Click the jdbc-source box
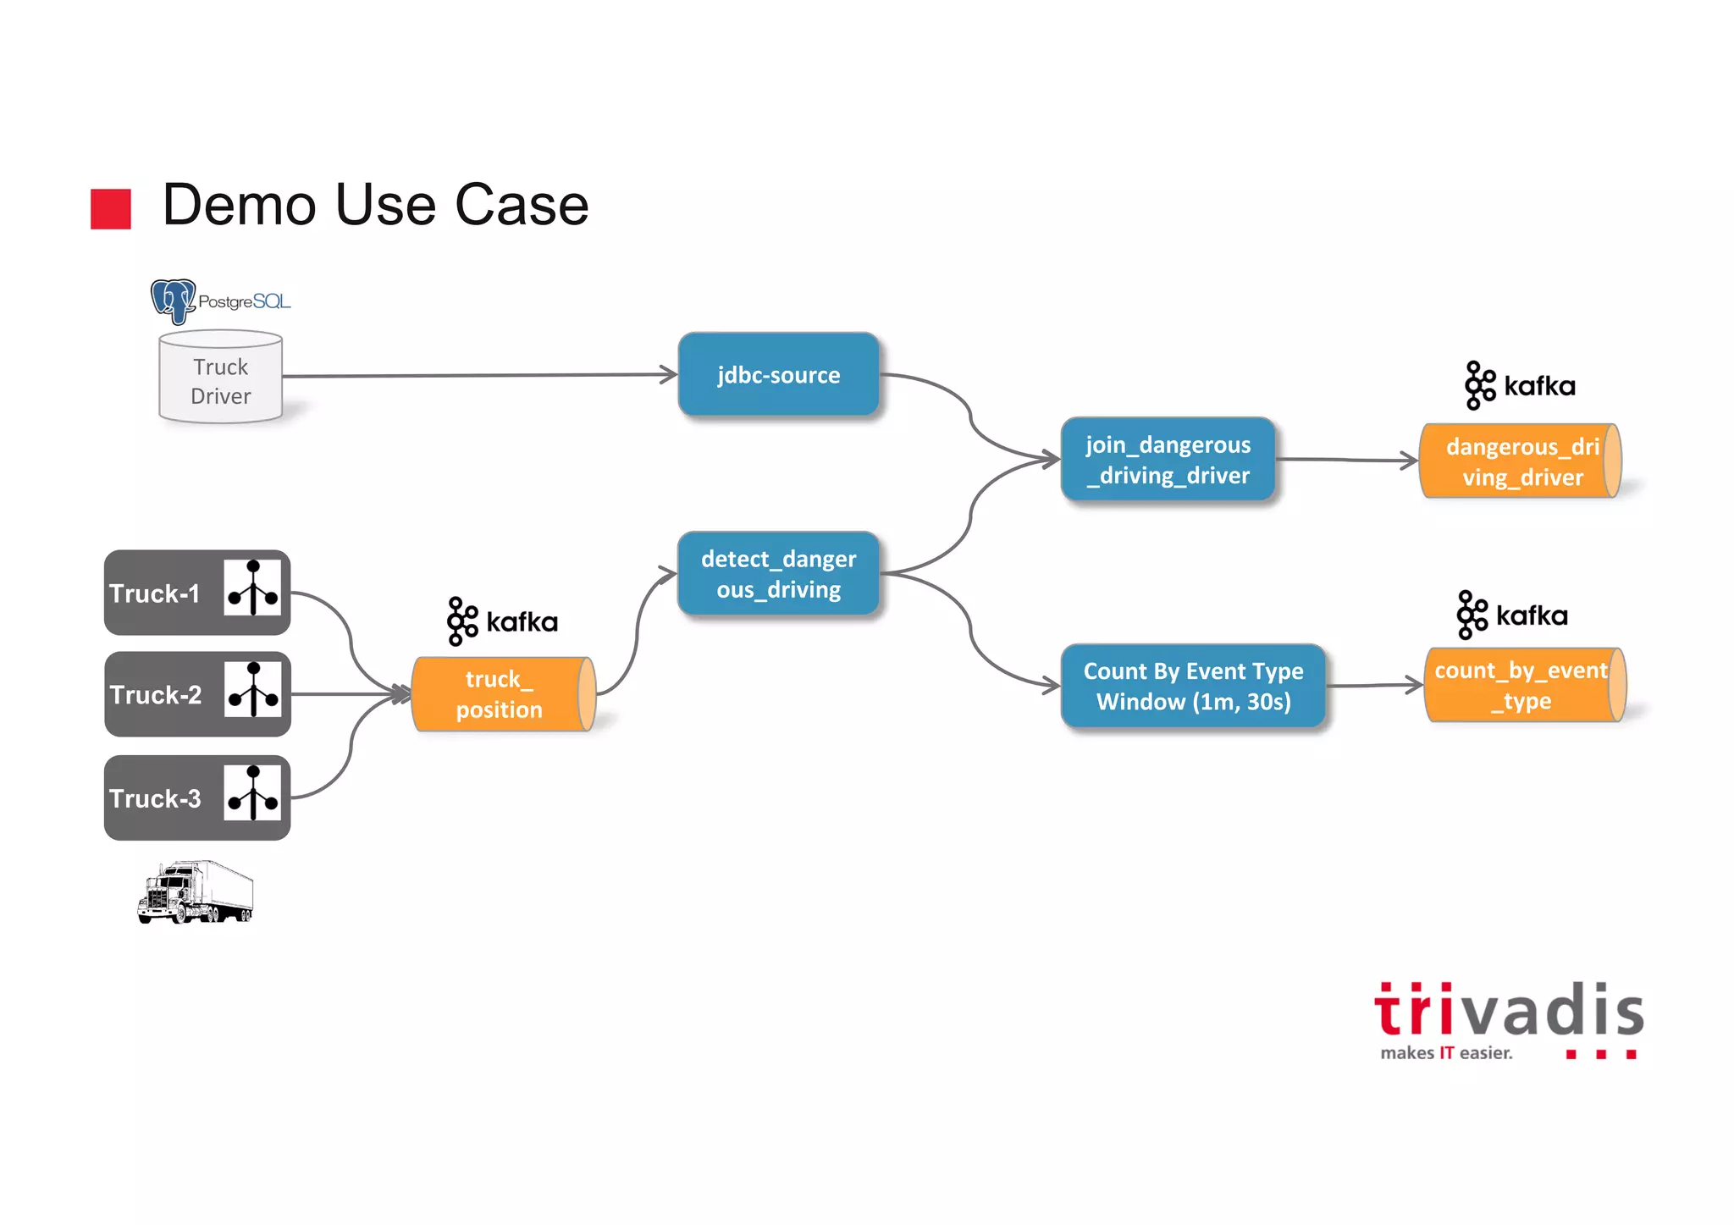point(778,374)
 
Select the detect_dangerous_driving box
point(778,573)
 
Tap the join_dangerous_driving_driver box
point(1168,460)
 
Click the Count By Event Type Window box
point(1193,686)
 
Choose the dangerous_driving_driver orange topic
point(1520,461)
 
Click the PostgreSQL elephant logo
point(174,301)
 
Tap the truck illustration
point(196,892)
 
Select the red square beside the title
point(111,208)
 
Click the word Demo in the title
point(239,205)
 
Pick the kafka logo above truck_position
point(502,621)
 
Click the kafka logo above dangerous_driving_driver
point(1520,386)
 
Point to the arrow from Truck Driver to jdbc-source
point(478,375)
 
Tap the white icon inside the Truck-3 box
point(252,793)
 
